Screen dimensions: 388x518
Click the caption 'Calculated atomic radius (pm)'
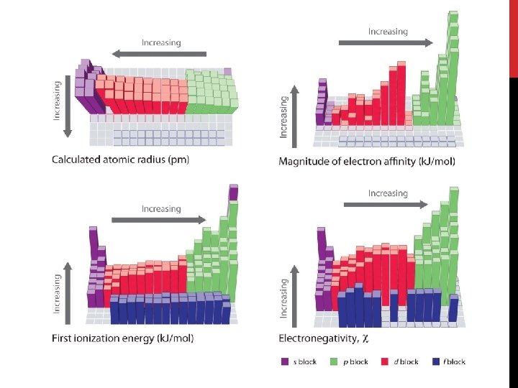120,160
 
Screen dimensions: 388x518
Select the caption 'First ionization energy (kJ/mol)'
122,338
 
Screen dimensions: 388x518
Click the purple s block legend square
284,361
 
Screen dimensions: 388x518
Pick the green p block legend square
334,361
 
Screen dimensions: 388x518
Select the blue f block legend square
437,361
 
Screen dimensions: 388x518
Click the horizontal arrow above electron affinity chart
386,42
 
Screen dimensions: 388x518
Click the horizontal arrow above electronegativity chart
386,204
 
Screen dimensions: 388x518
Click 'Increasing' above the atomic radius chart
161,42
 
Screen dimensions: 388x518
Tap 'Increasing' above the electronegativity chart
388,193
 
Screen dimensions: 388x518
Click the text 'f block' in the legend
454,361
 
